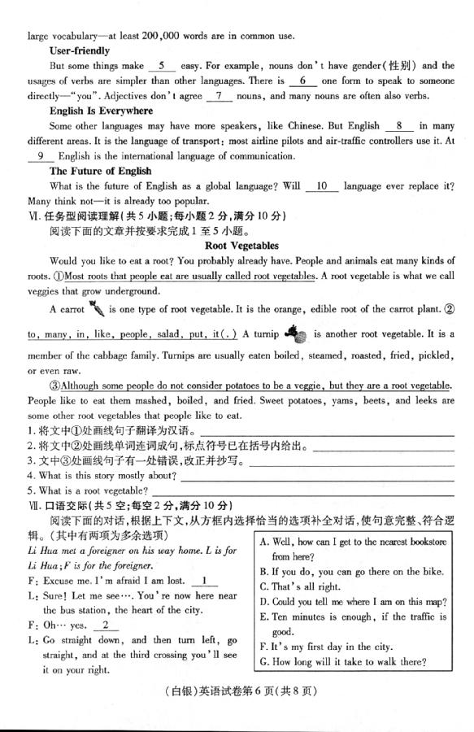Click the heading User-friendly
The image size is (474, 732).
(79, 50)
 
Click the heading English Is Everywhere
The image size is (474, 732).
(101, 111)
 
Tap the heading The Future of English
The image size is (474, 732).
(100, 171)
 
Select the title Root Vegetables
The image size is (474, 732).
(241, 245)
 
